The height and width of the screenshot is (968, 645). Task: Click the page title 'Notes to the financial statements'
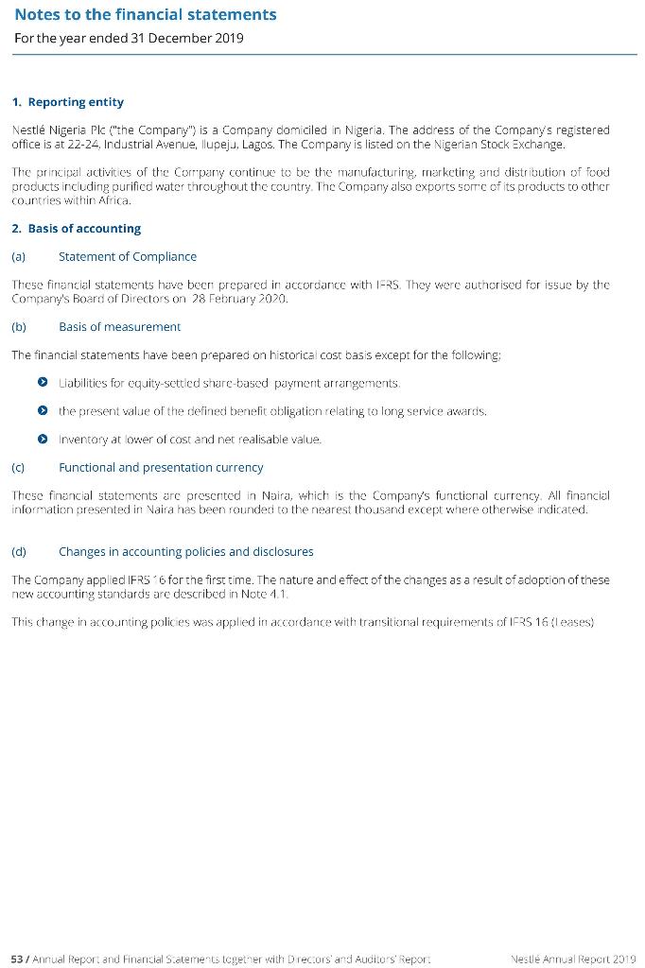(x=146, y=14)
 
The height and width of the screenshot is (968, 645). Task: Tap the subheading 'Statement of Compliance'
(x=128, y=256)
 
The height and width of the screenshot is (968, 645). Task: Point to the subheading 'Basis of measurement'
(x=119, y=327)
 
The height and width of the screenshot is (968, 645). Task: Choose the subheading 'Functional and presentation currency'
(x=161, y=467)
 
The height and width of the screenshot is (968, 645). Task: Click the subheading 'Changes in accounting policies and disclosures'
(x=185, y=551)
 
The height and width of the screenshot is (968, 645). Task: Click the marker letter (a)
(x=19, y=256)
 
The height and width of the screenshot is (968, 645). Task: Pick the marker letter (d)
(x=19, y=551)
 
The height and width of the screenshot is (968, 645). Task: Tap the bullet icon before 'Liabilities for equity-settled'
(x=43, y=383)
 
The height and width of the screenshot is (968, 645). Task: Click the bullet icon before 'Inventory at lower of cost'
(x=43, y=440)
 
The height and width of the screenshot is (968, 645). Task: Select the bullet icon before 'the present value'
(x=43, y=411)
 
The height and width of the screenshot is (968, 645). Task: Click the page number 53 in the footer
(x=16, y=959)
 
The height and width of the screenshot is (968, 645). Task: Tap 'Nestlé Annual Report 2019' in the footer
(x=572, y=959)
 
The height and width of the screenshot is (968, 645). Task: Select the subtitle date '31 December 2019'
(x=190, y=39)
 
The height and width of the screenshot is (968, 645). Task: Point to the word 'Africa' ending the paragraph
(x=113, y=200)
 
